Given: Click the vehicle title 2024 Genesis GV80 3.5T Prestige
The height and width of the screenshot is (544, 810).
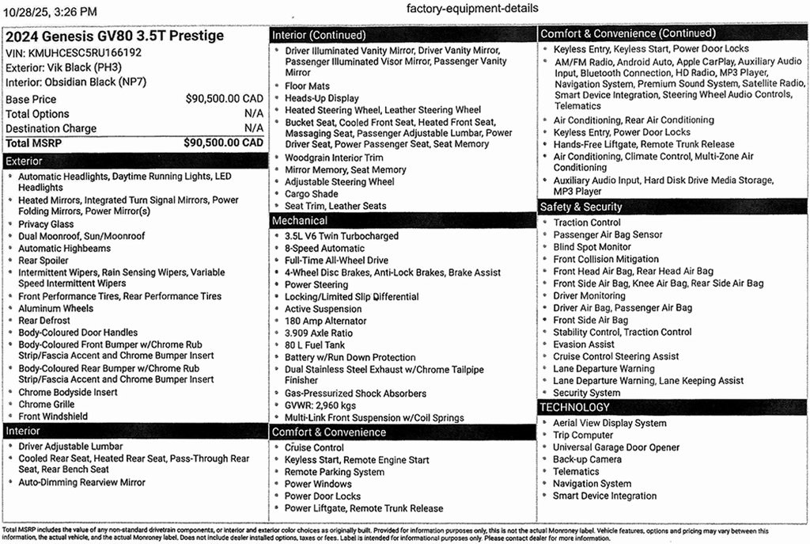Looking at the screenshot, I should click(x=115, y=36).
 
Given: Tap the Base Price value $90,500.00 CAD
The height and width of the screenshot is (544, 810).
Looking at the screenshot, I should click(x=224, y=100).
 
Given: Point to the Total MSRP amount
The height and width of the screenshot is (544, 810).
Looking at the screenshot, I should click(x=223, y=143).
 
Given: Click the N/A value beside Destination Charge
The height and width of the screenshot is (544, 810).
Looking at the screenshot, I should click(x=254, y=128).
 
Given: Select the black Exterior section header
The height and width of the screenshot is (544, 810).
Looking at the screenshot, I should click(x=134, y=161).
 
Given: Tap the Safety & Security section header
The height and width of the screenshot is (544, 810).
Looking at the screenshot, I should click(x=673, y=207).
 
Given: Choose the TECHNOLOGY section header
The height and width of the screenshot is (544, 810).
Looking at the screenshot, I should click(x=673, y=407).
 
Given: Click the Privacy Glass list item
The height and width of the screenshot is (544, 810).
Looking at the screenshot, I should click(x=46, y=224).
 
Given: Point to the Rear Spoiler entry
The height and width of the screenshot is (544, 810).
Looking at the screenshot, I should click(x=44, y=261).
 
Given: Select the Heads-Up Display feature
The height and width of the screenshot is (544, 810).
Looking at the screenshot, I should click(x=321, y=98).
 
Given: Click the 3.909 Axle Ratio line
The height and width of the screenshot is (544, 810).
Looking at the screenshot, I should click(x=319, y=333).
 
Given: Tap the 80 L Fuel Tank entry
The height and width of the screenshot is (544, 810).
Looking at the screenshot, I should click(x=315, y=345).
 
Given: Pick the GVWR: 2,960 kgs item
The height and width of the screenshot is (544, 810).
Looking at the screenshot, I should click(x=320, y=405).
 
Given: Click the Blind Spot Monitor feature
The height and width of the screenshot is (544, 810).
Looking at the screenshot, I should click(x=592, y=247).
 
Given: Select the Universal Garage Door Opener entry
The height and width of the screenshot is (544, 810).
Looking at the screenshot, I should click(x=615, y=447).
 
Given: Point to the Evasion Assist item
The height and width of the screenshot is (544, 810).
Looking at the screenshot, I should click(x=584, y=344).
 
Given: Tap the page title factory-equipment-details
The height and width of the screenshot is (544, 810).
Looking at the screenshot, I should click(x=472, y=8).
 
